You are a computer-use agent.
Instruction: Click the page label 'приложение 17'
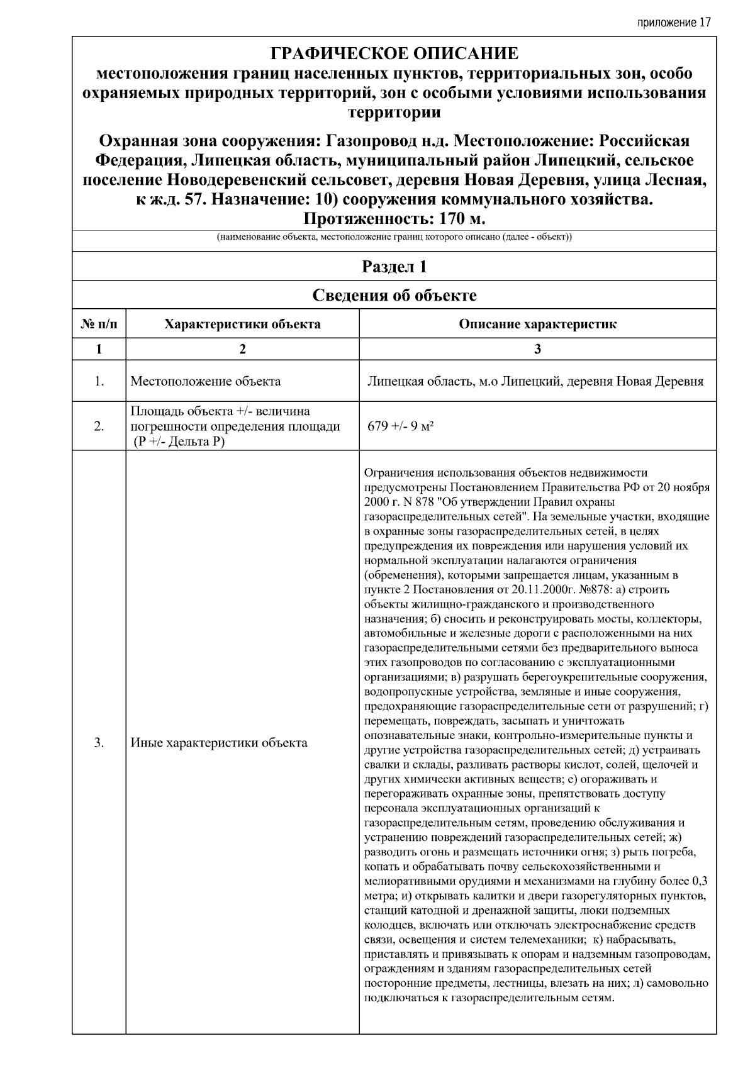click(x=674, y=23)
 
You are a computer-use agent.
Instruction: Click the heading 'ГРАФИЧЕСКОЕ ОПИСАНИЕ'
click(x=394, y=53)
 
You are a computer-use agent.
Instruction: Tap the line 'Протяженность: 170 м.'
click(x=394, y=219)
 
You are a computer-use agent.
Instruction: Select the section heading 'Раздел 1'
click(x=394, y=267)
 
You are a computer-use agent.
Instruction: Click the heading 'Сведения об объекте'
click(x=394, y=295)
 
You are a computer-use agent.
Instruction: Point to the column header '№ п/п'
click(x=99, y=324)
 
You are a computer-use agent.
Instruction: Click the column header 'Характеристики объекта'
click(x=242, y=324)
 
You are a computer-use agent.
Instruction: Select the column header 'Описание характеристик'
click(x=537, y=324)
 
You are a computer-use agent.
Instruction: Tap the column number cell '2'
click(x=242, y=349)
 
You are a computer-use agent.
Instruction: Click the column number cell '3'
click(x=537, y=349)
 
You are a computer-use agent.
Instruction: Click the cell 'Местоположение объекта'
click(x=206, y=381)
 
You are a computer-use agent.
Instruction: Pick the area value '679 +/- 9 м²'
click(x=401, y=426)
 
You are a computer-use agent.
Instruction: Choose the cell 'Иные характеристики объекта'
click(x=219, y=743)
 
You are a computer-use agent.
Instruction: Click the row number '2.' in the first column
click(x=99, y=426)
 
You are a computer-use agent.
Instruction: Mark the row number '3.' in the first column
click(x=99, y=743)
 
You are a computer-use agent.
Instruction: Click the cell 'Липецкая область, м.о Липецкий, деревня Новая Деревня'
click(x=535, y=381)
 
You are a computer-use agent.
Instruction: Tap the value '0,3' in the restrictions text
click(x=699, y=881)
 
